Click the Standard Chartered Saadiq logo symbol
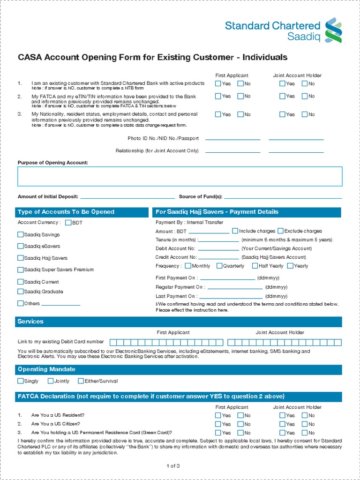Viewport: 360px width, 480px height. point(334,30)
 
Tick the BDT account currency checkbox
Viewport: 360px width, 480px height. point(68,223)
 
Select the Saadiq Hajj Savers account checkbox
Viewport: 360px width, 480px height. point(20,258)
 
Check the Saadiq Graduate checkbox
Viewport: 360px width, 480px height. point(20,292)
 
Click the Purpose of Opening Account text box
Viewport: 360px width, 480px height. point(180,176)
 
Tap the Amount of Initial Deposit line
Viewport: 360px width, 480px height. point(127,197)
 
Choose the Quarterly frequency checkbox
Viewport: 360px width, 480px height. point(219,266)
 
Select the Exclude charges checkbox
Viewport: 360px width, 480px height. point(280,231)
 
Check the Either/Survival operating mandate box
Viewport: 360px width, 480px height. point(81,381)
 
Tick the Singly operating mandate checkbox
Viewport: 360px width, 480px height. point(20,381)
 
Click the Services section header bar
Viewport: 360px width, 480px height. point(180,322)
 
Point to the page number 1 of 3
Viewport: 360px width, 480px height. point(173,466)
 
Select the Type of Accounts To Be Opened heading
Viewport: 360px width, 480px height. point(66,212)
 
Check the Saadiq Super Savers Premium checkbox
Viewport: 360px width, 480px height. point(20,270)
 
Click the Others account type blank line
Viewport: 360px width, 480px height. point(61,304)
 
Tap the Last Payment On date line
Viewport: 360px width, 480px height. point(231,297)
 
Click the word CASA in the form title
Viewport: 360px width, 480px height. point(30,58)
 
